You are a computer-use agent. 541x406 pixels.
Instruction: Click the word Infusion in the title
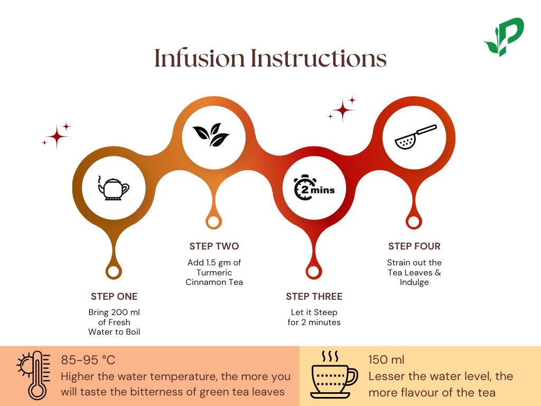pyautogui.click(x=200, y=58)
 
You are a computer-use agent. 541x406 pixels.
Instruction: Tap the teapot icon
pyautogui.click(x=114, y=188)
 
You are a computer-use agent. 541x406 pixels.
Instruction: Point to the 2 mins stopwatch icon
pyautogui.click(x=313, y=188)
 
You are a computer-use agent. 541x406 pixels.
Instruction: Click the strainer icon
pyautogui.click(x=415, y=136)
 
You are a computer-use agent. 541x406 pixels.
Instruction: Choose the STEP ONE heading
pyautogui.click(x=114, y=297)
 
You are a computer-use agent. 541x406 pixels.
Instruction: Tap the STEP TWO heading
pyautogui.click(x=214, y=246)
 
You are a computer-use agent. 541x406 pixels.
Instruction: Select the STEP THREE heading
pyautogui.click(x=314, y=297)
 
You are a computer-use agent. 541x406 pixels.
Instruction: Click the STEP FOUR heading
pyautogui.click(x=414, y=246)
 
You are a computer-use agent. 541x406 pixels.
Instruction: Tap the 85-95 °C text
pyautogui.click(x=88, y=361)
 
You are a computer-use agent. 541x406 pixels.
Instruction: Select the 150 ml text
pyautogui.click(x=386, y=361)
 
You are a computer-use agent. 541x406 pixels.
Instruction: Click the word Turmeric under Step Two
pyautogui.click(x=214, y=272)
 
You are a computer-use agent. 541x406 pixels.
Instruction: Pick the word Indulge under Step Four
pyautogui.click(x=414, y=282)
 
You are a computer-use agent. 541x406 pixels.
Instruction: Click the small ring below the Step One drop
pyautogui.click(x=114, y=272)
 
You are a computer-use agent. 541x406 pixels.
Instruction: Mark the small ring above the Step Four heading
pyautogui.click(x=414, y=222)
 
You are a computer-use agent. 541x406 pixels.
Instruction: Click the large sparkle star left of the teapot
pyautogui.click(x=57, y=137)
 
